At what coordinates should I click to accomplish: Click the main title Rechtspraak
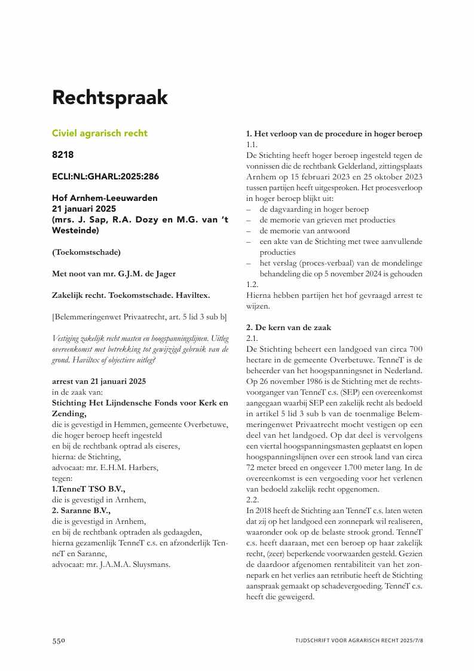pyautogui.click(x=109, y=97)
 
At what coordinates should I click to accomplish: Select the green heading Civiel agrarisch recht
pyautogui.click(x=99, y=133)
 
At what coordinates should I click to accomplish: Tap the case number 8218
pyautogui.click(x=63, y=155)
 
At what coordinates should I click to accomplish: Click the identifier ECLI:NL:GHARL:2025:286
pyautogui.click(x=105, y=176)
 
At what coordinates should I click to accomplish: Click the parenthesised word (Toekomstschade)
pyautogui.click(x=86, y=252)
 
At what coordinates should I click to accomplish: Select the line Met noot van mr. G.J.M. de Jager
pyautogui.click(x=114, y=274)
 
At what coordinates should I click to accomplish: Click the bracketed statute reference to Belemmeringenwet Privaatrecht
pyautogui.click(x=139, y=316)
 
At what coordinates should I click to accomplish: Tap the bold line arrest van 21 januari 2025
pyautogui.click(x=99, y=382)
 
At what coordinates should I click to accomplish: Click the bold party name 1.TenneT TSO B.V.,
pyautogui.click(x=88, y=489)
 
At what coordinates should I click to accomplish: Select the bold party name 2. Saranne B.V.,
pyautogui.click(x=81, y=510)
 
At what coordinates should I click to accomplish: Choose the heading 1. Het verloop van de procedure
pyautogui.click(x=334, y=133)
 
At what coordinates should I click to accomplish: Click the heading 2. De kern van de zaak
pyautogui.click(x=288, y=328)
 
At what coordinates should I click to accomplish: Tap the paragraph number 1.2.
pyautogui.click(x=252, y=285)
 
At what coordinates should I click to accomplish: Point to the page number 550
pyautogui.click(x=58, y=640)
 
